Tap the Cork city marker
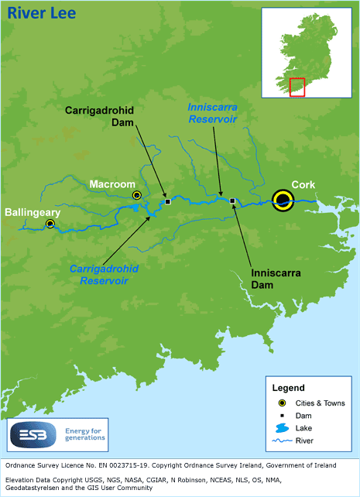[x=283, y=201]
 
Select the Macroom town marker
[x=137, y=195]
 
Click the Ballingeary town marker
[x=50, y=224]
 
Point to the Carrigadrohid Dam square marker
[x=167, y=202]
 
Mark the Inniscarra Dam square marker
[x=232, y=201]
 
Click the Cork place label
[x=303, y=184]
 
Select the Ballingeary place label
[x=33, y=211]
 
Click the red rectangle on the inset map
[x=297, y=87]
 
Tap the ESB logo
[x=28, y=436]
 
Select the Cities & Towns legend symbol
[x=283, y=403]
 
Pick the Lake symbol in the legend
[x=283, y=428]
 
